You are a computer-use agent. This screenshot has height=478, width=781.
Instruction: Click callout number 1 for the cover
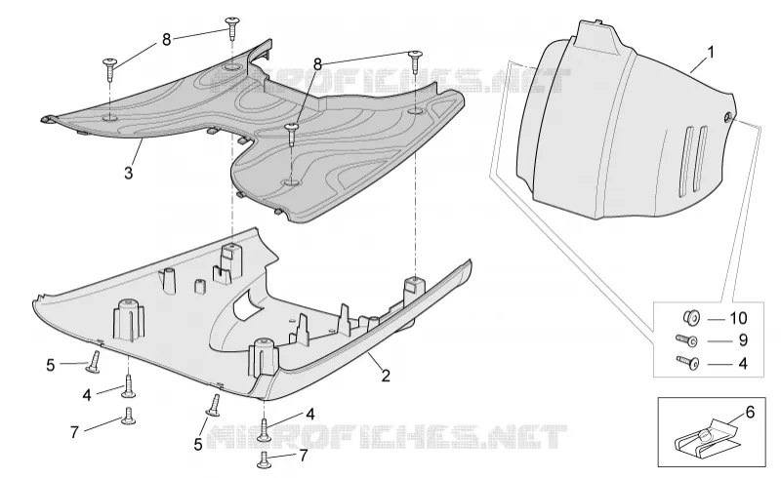(711, 52)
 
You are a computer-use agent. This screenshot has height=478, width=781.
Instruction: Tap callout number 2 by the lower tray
(386, 376)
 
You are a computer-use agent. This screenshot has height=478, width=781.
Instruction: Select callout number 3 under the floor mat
(129, 174)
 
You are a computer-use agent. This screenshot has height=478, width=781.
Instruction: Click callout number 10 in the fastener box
(738, 318)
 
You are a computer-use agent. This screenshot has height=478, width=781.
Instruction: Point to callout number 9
(743, 340)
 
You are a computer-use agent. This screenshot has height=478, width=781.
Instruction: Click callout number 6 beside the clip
(750, 413)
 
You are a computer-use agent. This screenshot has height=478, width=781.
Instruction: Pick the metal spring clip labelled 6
(703, 438)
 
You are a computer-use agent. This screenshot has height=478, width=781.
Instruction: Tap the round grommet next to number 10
(691, 317)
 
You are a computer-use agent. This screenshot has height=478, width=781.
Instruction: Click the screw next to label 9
(686, 340)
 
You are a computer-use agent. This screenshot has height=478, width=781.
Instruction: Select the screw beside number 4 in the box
(687, 362)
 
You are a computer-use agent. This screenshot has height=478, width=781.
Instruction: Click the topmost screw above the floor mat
(232, 27)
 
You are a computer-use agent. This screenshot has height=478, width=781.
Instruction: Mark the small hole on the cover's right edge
(727, 118)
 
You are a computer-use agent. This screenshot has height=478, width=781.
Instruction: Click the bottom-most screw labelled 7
(264, 459)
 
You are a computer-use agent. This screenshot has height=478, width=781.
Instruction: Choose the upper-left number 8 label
(166, 40)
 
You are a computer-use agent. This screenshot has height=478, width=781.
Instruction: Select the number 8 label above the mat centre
(318, 64)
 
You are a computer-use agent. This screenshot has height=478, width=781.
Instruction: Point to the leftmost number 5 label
(51, 366)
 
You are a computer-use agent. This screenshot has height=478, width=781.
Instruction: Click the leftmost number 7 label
(74, 432)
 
